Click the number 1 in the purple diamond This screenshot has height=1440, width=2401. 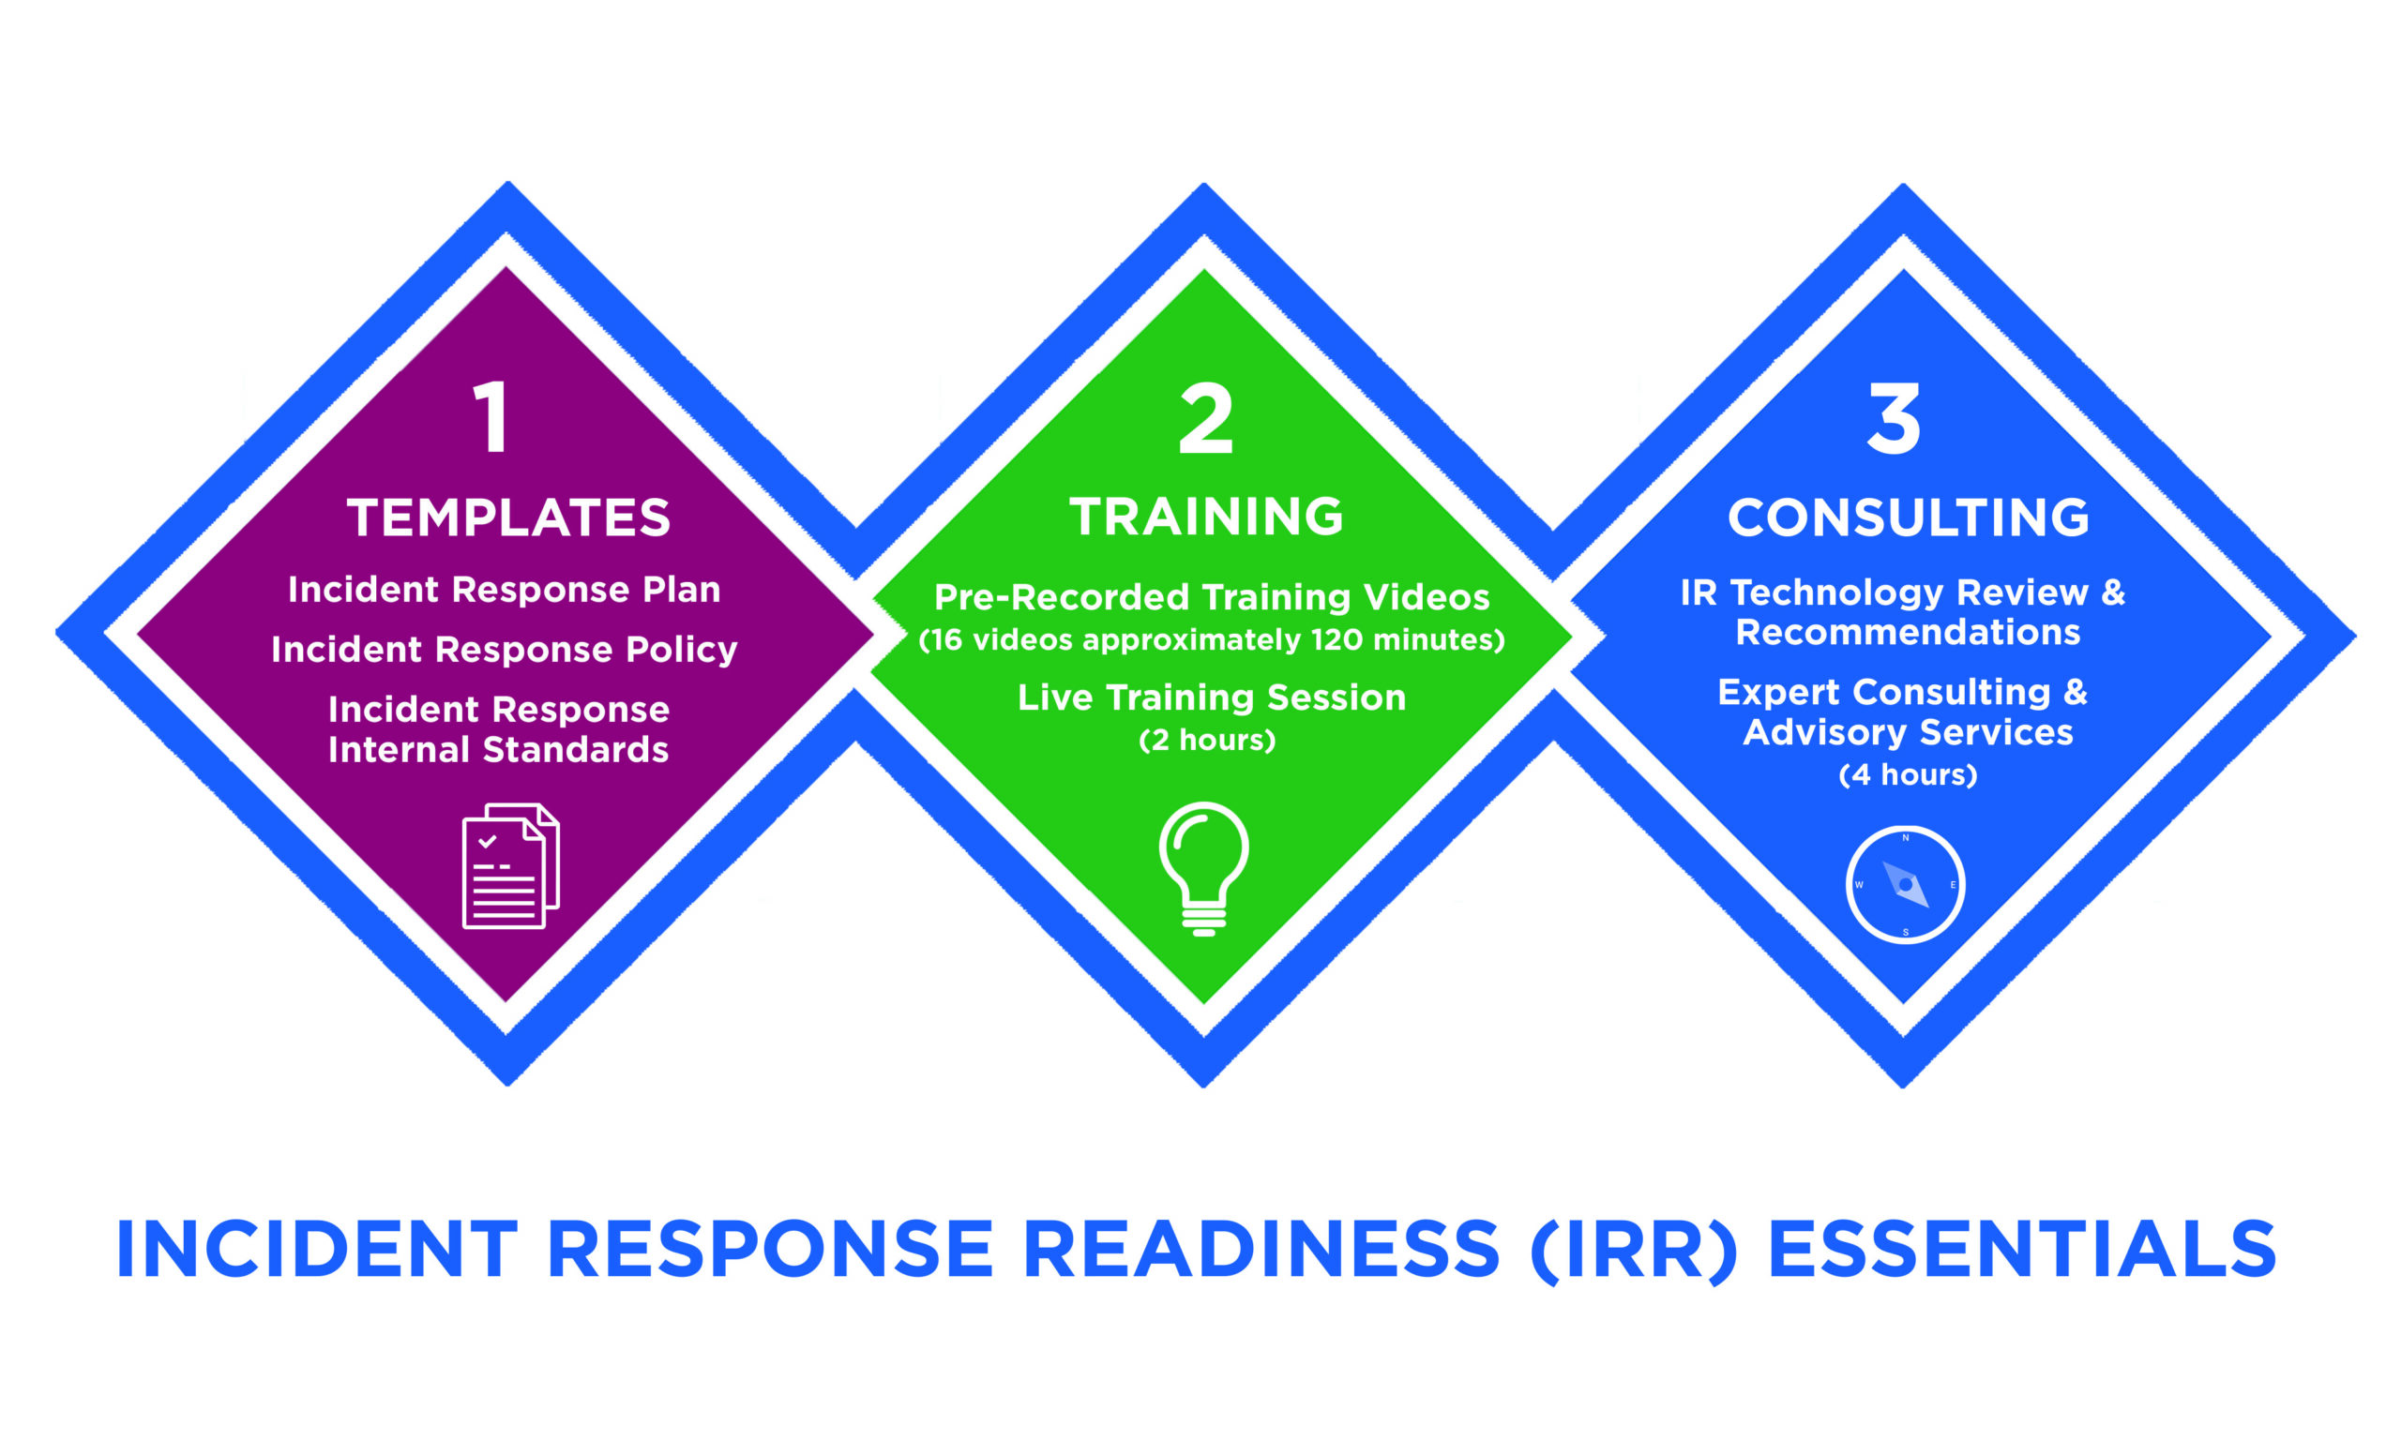tap(492, 416)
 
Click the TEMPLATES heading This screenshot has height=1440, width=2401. tap(508, 517)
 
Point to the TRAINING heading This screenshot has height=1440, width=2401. tap(1206, 517)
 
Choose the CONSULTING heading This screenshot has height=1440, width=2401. tap(1908, 517)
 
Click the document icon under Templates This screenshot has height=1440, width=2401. tap(510, 865)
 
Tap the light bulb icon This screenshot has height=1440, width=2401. tap(1203, 868)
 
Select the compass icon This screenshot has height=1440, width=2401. tap(1905, 884)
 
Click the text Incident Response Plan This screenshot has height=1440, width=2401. tap(505, 590)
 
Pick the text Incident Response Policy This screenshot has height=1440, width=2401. tap(505, 650)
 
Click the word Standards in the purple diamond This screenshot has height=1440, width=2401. tap(576, 750)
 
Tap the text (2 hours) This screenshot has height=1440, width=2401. tap(1206, 741)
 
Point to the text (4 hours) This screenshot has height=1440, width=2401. tap(1908, 775)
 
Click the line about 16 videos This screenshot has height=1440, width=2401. tap(1211, 640)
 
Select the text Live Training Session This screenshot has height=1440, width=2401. tap(1211, 697)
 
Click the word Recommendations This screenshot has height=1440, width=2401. tap(1908, 633)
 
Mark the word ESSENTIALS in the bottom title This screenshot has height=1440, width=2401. tap(2022, 1249)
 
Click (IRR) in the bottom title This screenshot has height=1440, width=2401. tap(1634, 1250)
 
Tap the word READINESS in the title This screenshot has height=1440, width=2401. tap(1261, 1249)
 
